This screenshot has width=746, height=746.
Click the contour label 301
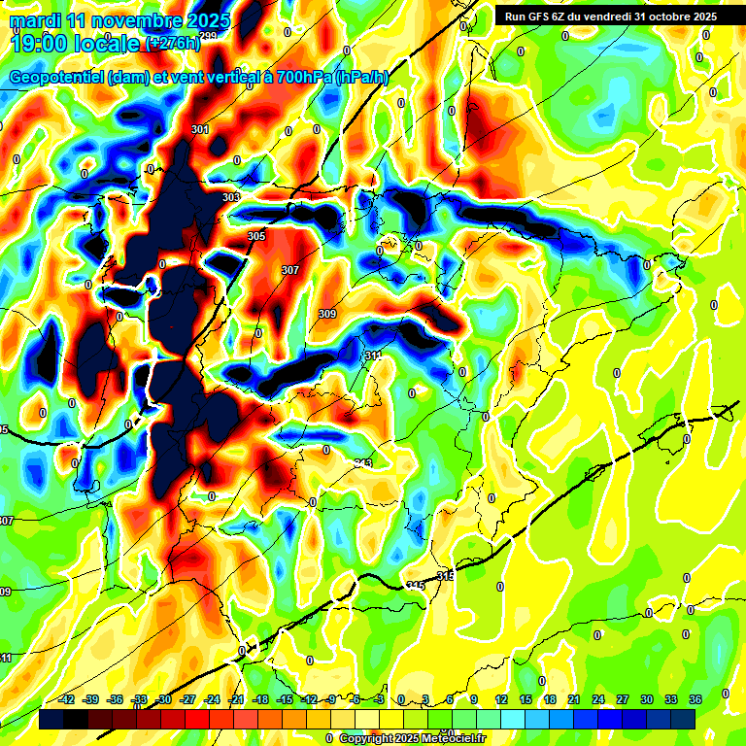pos(200,129)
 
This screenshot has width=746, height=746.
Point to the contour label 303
pos(231,198)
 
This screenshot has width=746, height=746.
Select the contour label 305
pos(256,236)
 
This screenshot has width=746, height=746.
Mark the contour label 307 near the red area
pos(290,270)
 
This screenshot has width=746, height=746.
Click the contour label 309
pos(327,314)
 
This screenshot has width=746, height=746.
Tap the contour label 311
pos(373,356)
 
